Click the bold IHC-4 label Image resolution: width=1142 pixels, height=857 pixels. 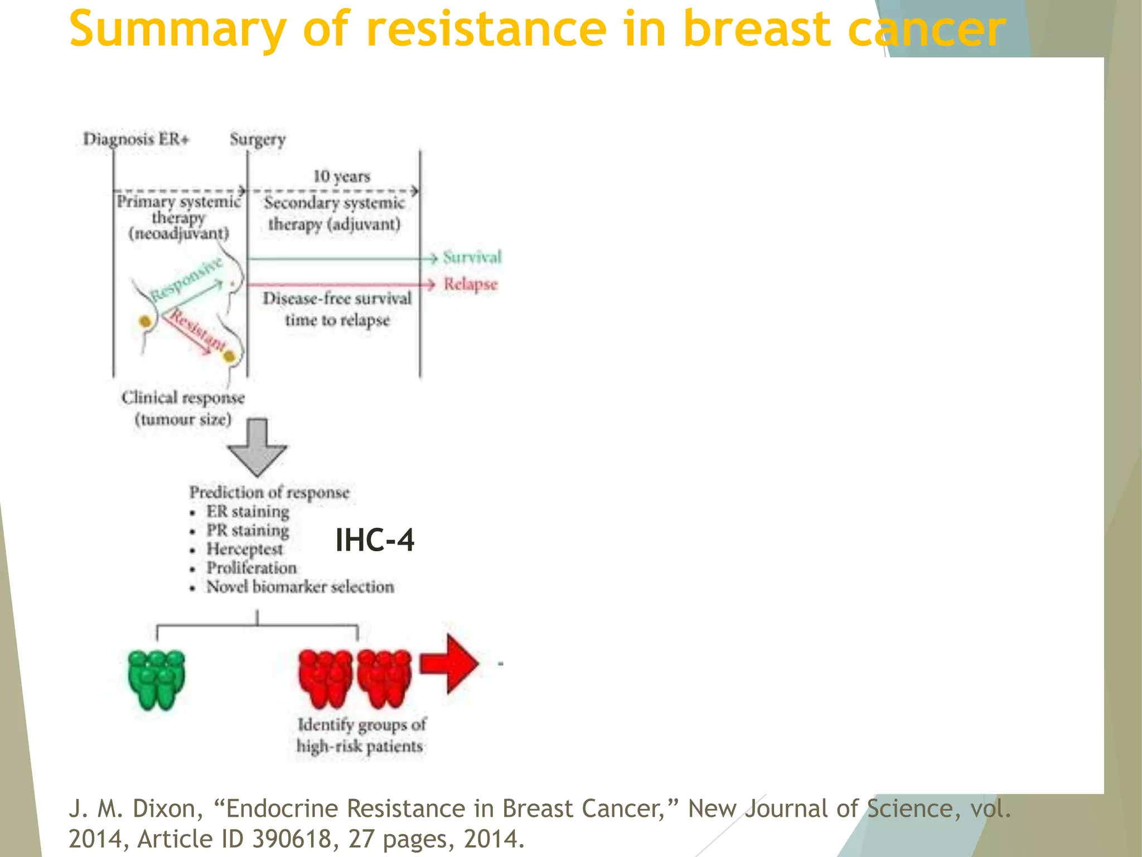[x=375, y=540]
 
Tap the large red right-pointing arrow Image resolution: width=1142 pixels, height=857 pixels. [x=449, y=663]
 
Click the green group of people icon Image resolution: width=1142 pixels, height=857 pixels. [x=157, y=679]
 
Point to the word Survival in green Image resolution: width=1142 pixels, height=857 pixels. [x=472, y=257]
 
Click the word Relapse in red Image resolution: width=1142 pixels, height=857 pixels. [x=471, y=284]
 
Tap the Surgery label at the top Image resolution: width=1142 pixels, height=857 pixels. [x=258, y=139]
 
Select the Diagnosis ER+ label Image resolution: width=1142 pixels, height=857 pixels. [x=136, y=138]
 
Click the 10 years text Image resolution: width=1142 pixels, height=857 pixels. [x=342, y=176]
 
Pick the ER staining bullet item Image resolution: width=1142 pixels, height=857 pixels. [x=248, y=511]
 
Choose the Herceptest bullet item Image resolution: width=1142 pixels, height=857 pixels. [x=245, y=549]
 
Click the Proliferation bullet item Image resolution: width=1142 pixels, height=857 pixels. [x=251, y=568]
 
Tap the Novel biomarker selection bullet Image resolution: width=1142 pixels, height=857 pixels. [x=300, y=587]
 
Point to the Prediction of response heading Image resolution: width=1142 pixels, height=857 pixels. [x=269, y=492]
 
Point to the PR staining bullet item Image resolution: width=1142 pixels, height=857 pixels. [x=248, y=530]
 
